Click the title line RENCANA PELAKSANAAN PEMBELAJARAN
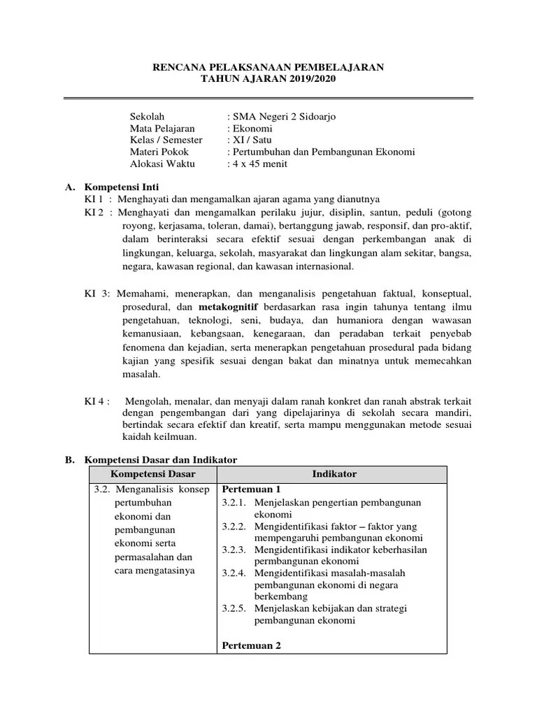coord(268,68)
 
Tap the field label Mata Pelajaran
coord(162,129)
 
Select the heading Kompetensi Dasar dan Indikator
coord(161,459)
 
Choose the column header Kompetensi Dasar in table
coord(152,474)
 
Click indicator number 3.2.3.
coord(235,550)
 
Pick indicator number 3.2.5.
coord(235,608)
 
